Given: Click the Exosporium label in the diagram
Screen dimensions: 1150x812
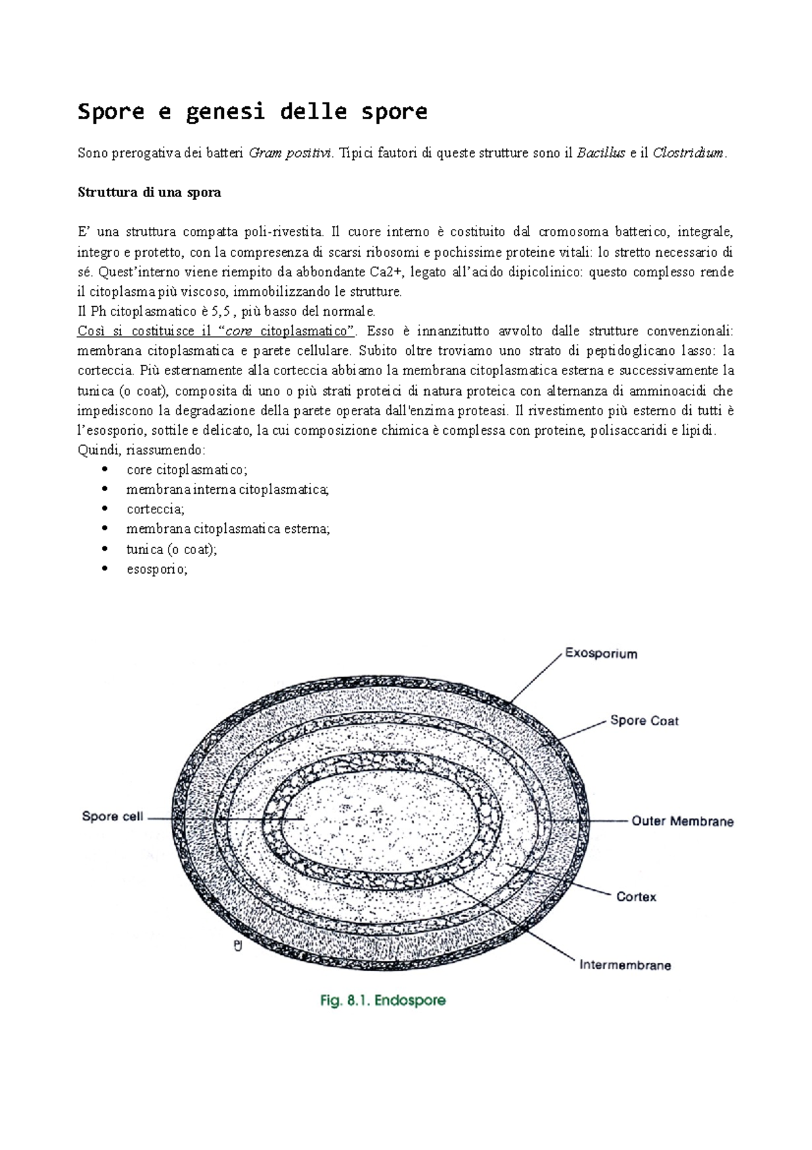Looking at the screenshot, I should tap(600, 654).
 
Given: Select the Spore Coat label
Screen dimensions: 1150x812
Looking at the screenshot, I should tap(644, 721).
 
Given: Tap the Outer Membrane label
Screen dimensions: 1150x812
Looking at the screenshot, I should tap(682, 821).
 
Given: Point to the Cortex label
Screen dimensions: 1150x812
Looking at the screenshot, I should tap(636, 897).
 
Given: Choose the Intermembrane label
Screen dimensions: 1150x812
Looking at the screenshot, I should tap(625, 965).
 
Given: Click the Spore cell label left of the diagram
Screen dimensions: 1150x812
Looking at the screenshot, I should tap(112, 816).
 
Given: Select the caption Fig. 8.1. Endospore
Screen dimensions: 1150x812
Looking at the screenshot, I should tap(383, 1000).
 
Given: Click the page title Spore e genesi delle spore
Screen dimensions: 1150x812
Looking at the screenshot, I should tap(252, 111).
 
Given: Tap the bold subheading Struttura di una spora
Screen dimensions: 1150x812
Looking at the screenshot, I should tap(150, 192).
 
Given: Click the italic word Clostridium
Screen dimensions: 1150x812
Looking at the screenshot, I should tap(688, 153).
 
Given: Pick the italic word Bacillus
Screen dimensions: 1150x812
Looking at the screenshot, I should tap(601, 153).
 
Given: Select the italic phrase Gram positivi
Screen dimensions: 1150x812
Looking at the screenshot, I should tap(291, 153).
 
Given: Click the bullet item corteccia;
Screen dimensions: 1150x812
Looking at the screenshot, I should tap(155, 509).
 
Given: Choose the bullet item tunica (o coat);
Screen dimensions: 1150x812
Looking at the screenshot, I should tap(171, 549).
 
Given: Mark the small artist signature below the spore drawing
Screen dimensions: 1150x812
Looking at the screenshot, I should tap(238, 946).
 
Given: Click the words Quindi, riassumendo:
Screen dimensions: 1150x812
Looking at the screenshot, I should tap(141, 450).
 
